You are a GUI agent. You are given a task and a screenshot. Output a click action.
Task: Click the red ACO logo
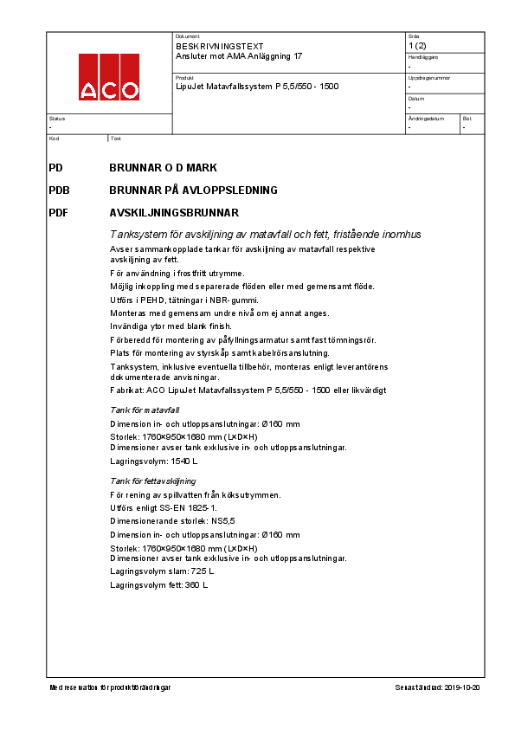(109, 77)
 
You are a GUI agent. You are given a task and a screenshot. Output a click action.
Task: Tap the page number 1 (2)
(416, 45)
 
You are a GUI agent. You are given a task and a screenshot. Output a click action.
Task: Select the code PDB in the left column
(60, 190)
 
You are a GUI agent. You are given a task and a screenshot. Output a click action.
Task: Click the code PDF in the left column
(59, 212)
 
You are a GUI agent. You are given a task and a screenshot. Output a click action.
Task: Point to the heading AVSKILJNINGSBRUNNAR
(174, 212)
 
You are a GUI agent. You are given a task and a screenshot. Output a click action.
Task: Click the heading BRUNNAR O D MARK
(163, 167)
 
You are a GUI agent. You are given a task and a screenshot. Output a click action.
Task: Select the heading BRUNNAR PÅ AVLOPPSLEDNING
(193, 190)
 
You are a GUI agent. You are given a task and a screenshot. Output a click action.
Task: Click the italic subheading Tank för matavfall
(145, 410)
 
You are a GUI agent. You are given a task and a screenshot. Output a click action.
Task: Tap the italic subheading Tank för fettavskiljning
(152, 481)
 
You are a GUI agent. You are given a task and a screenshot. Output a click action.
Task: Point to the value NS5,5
(223, 522)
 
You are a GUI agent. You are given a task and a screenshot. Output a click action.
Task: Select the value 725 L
(202, 571)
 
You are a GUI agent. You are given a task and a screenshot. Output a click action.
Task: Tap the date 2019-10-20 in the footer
(461, 687)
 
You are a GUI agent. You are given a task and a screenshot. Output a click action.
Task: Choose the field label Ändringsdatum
(425, 118)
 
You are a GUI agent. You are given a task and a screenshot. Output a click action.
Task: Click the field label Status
(56, 118)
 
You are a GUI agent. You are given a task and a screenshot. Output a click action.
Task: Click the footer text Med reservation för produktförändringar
(110, 687)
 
